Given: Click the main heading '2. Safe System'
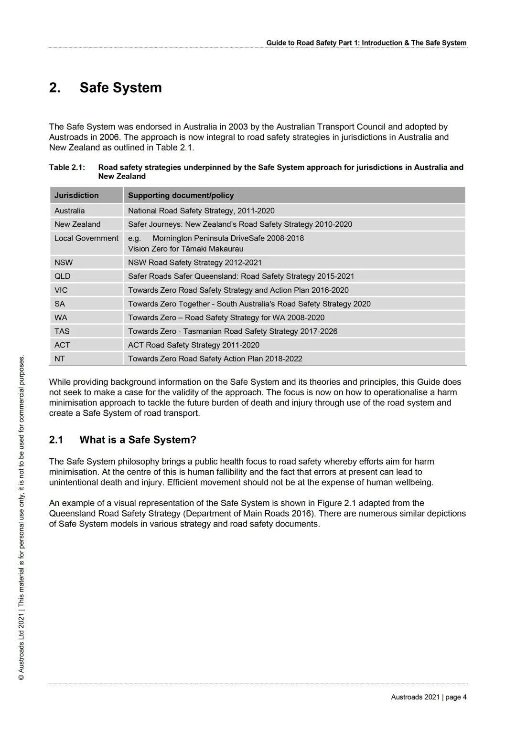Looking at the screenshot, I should [106, 88].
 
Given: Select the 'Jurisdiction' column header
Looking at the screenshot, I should [76, 195].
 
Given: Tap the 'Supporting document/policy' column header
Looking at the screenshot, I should [181, 195].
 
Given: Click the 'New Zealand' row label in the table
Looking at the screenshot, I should [77, 224].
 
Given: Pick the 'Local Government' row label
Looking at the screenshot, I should [86, 238].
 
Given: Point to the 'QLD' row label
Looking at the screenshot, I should [63, 276].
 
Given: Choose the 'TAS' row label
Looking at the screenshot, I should [62, 331].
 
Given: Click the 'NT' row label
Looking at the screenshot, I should [60, 359].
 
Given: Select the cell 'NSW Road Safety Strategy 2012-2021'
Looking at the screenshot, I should [195, 263].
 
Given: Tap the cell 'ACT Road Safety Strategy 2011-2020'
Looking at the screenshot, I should [193, 345].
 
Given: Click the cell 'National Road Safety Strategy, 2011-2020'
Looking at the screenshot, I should [201, 211].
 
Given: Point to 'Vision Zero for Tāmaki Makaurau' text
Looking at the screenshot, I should [186, 249].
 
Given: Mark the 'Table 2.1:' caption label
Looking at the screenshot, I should [67, 168].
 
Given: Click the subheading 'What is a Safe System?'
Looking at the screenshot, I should [138, 440].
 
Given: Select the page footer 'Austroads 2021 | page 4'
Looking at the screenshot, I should [429, 697].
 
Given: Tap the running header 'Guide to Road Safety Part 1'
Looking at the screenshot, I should [366, 43].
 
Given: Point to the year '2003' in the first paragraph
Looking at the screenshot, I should [238, 127].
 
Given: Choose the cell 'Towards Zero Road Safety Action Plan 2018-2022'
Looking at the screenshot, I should [215, 359].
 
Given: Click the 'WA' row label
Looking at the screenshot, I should [61, 317].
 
